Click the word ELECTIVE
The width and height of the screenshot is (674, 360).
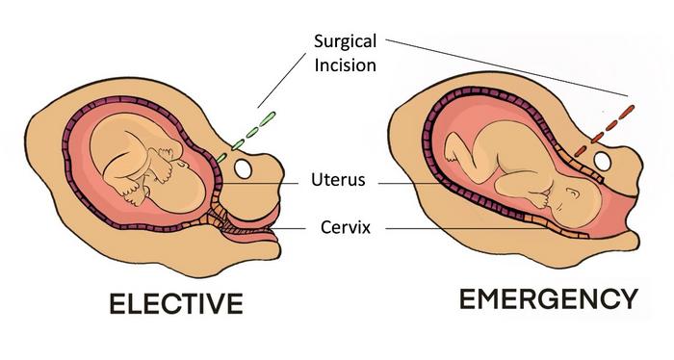click(176, 303)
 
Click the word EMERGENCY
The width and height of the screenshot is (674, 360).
click(549, 299)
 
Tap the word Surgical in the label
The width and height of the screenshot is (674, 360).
click(345, 41)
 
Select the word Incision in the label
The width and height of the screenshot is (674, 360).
click(345, 65)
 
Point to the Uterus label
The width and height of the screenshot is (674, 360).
click(338, 180)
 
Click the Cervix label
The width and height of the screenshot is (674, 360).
click(346, 227)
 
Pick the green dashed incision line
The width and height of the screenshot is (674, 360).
click(246, 137)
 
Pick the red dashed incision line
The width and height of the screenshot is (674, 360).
click(605, 130)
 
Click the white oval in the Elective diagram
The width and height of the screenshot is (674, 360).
click(243, 168)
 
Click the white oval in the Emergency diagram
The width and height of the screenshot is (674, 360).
click(602, 161)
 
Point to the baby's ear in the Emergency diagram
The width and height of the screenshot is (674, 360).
click(573, 193)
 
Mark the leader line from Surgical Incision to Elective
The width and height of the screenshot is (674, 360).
click(282, 80)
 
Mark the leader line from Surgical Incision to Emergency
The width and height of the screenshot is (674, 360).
click(506, 67)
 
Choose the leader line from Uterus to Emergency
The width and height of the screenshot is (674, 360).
click(410, 184)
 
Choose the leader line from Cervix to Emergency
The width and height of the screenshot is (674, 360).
click(467, 228)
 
